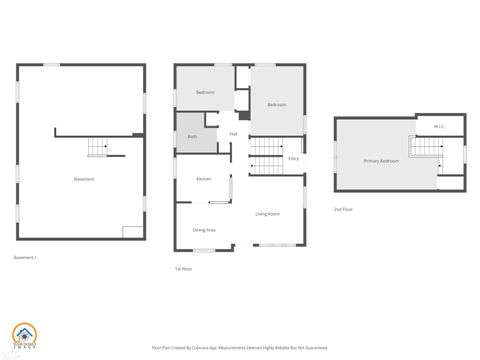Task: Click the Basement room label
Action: point(84,179)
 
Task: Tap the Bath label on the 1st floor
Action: point(192,136)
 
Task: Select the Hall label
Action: point(233,134)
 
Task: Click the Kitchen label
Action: point(204,179)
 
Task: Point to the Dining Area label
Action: point(204,230)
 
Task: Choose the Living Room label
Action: point(267,214)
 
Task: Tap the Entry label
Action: point(293,159)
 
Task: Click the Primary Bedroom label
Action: point(381,161)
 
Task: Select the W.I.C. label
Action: point(439,127)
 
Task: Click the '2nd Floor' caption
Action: point(343,209)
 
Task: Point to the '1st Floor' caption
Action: point(183,269)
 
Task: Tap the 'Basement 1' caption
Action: point(25,258)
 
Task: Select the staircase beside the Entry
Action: point(265,157)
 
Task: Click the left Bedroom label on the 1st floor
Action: point(206,93)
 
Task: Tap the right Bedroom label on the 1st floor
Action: point(277,105)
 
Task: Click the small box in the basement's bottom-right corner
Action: point(132,231)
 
